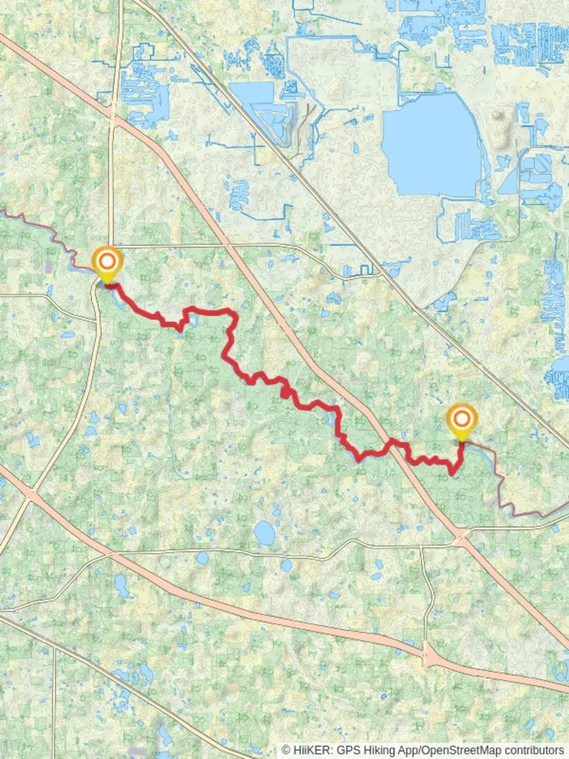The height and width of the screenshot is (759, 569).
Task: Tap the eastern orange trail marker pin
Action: pyautogui.click(x=462, y=420)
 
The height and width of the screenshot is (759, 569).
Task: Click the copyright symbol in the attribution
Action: pyautogui.click(x=286, y=751)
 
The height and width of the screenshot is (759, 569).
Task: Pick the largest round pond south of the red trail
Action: pyautogui.click(x=264, y=533)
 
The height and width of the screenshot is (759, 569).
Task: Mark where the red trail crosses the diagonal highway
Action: pyautogui.click(x=391, y=443)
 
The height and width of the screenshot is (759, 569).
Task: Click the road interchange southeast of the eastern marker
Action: pyautogui.click(x=462, y=539)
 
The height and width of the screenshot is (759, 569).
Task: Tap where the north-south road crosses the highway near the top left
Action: pyautogui.click(x=113, y=121)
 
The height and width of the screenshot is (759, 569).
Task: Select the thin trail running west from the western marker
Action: pyautogui.click(x=42, y=232)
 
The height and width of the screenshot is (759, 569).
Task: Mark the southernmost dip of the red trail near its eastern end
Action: pyautogui.click(x=452, y=473)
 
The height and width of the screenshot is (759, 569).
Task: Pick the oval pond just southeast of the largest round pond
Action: pyautogui.click(x=286, y=565)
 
